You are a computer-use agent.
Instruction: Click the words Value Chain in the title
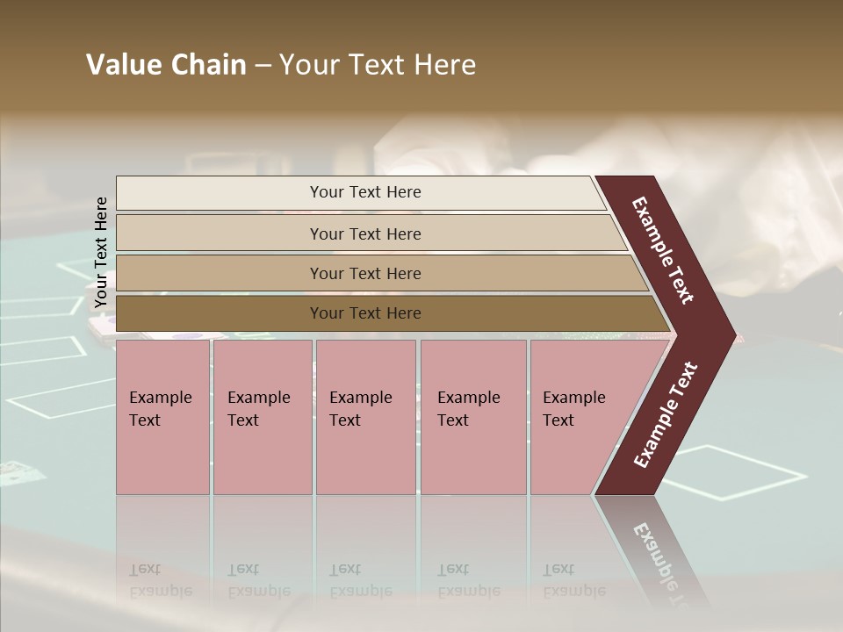166,65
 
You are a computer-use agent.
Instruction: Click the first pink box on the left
162,456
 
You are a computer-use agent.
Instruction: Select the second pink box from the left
262,456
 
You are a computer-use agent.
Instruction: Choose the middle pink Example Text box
365,456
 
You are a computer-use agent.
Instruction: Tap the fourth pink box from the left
473,456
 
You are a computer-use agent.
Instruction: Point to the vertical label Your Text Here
101,252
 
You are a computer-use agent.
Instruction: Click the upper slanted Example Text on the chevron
663,250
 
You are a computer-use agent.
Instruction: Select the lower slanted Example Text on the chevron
666,415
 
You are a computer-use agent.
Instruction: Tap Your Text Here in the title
378,65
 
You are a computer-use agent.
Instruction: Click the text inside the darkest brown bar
365,313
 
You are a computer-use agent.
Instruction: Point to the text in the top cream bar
365,192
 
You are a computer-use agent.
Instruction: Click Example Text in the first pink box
160,408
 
